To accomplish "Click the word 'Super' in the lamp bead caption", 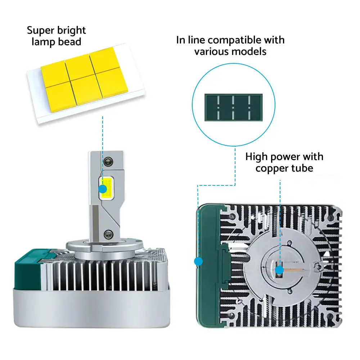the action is pyautogui.click(x=40, y=30).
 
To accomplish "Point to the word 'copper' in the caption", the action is pyautogui.click(x=272, y=169).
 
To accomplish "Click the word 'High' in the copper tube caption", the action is pyautogui.click(x=256, y=157).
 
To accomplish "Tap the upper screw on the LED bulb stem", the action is pyautogui.click(x=108, y=162).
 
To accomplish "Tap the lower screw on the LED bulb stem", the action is pyautogui.click(x=108, y=234).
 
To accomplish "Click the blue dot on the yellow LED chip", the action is pyautogui.click(x=103, y=189).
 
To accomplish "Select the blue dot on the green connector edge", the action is pyautogui.click(x=198, y=261).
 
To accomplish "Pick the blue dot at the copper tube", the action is pyautogui.click(x=279, y=270).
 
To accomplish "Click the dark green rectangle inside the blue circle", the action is pyautogui.click(x=234, y=107).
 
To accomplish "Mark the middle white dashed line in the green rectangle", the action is pyautogui.click(x=233, y=107).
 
